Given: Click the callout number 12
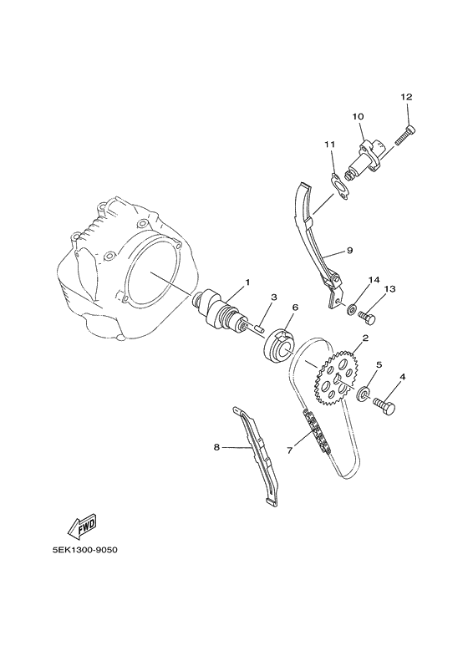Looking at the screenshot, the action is pos(406,97).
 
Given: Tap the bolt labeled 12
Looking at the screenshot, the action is pos(406,135).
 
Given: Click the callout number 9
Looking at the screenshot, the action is pos(350,250).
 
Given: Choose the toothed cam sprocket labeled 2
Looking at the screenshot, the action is pos(337,378).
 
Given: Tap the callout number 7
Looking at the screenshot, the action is pos(289,450).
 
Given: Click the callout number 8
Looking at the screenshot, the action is pos(216,447).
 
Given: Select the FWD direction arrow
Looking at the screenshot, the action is pos(82,527).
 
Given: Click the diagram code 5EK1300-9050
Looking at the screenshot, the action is pos(82,550).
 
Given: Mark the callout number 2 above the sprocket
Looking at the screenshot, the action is pos(365,338).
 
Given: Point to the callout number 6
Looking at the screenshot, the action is pos(283,308).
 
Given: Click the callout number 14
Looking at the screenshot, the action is pos(374,280).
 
